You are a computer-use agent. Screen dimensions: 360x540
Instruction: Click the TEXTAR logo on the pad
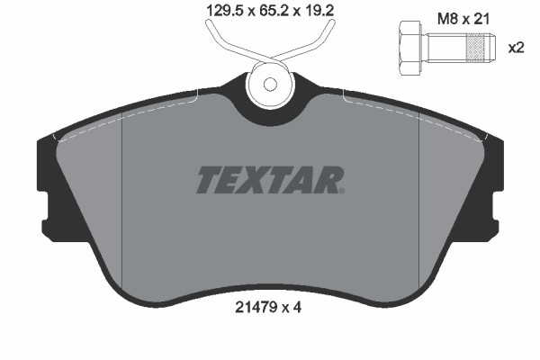269,180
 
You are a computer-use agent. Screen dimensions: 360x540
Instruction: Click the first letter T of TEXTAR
208,180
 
